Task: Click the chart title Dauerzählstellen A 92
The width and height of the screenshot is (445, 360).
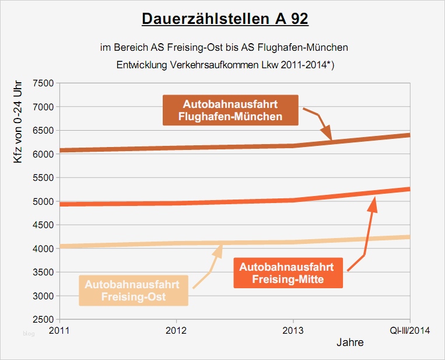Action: pyautogui.click(x=225, y=19)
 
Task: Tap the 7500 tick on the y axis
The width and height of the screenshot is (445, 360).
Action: pyautogui.click(x=43, y=83)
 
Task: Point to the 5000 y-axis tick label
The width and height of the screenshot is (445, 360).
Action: pyautogui.click(x=43, y=201)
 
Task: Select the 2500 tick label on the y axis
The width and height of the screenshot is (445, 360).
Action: pyautogui.click(x=43, y=320)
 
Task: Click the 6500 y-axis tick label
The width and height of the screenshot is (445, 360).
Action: pyautogui.click(x=43, y=130)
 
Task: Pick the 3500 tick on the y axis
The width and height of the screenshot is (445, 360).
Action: pyautogui.click(x=43, y=272)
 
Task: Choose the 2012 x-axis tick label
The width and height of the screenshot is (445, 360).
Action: pyautogui.click(x=176, y=331)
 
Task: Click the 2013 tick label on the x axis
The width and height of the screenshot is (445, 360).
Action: pyautogui.click(x=293, y=331)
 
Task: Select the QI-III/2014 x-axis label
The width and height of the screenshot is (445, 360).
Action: pyautogui.click(x=410, y=331)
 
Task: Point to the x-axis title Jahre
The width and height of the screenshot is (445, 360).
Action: pyautogui.click(x=350, y=342)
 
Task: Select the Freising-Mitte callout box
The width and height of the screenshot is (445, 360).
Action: pyautogui.click(x=288, y=272)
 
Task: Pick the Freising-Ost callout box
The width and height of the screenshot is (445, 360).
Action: pyautogui.click(x=134, y=291)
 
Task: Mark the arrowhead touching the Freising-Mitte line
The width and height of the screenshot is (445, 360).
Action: pyautogui.click(x=374, y=202)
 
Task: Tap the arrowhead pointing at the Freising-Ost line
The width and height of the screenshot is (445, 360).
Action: pyautogui.click(x=219, y=248)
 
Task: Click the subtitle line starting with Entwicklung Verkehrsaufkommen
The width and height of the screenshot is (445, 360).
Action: pyautogui.click(x=225, y=65)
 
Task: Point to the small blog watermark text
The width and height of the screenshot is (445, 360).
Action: pyautogui.click(x=29, y=333)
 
